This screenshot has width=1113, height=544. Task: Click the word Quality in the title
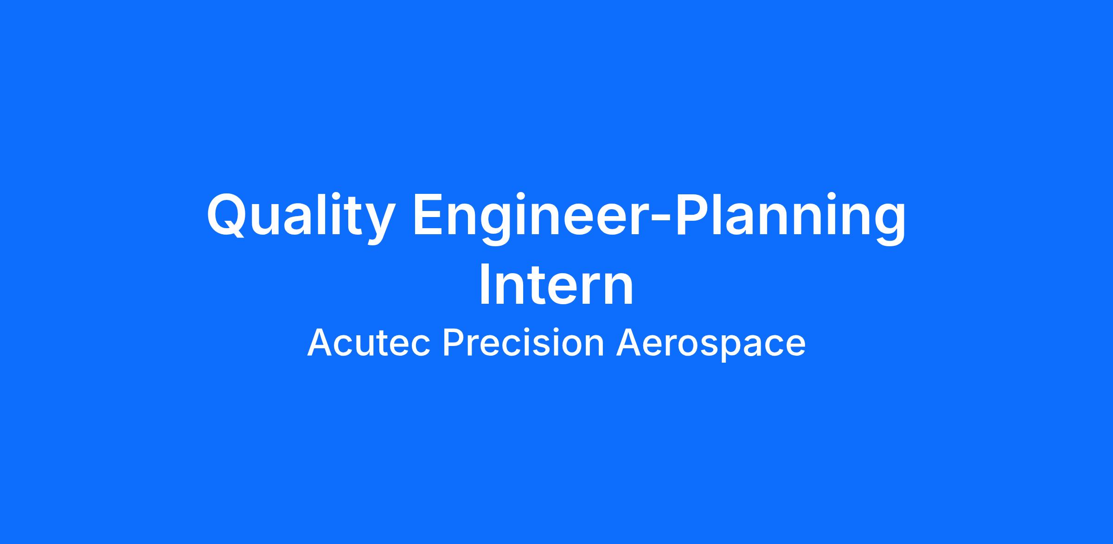[x=301, y=218]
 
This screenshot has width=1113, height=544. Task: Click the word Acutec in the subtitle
[x=369, y=343]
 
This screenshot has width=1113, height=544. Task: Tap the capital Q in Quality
[x=228, y=216]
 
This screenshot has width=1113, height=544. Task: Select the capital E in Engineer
[x=429, y=215]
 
